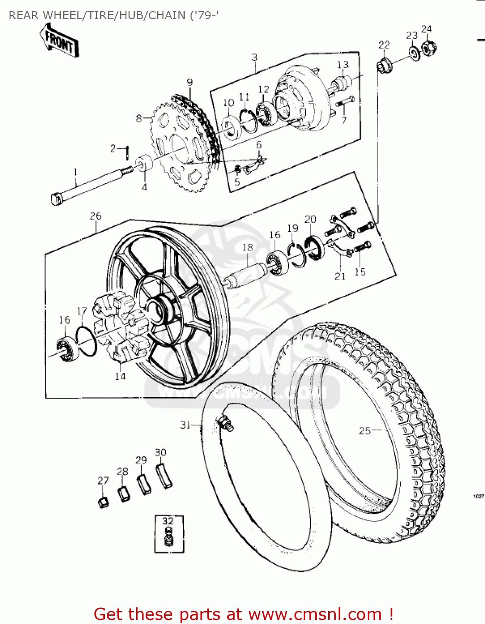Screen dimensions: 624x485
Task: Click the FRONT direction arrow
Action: pyautogui.click(x=59, y=40)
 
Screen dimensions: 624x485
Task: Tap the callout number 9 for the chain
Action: pyautogui.click(x=190, y=82)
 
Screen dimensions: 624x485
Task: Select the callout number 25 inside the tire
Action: pyautogui.click(x=364, y=431)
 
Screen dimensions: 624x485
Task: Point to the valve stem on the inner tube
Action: pyautogui.click(x=225, y=423)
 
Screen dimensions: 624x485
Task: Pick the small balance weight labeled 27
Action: pyautogui.click(x=103, y=502)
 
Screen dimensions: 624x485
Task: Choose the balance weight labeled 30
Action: pyautogui.click(x=164, y=476)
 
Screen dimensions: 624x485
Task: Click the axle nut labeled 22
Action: pyautogui.click(x=384, y=64)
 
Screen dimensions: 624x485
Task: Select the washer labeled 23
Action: pyautogui.click(x=414, y=53)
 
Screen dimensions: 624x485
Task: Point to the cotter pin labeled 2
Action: pyautogui.click(x=127, y=152)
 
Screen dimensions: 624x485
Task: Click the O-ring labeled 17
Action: pyautogui.click(x=87, y=341)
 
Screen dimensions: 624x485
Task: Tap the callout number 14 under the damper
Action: pyautogui.click(x=120, y=376)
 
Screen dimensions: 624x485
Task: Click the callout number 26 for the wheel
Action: pyautogui.click(x=96, y=216)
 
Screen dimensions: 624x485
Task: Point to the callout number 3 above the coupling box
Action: pyautogui.click(x=255, y=57)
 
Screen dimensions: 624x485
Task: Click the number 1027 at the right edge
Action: pyautogui.click(x=479, y=496)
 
